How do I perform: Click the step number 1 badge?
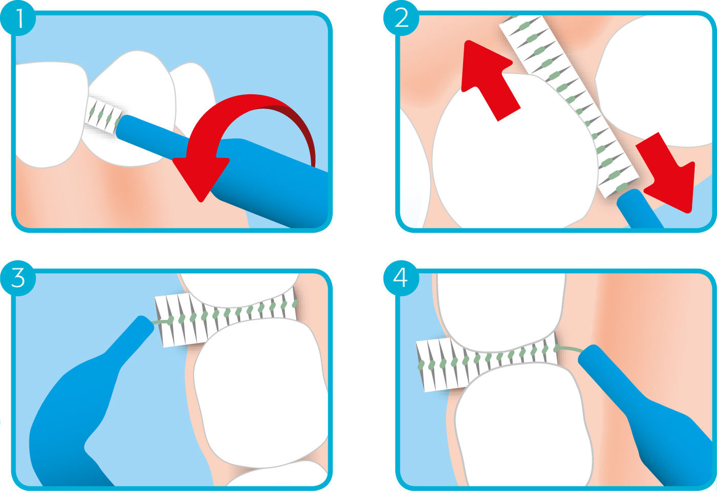point(18,18)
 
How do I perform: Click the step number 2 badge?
point(401,18)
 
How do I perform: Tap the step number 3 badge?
point(18,278)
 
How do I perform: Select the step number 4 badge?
point(401,278)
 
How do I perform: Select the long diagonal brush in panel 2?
point(568,106)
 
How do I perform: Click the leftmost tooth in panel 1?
point(51,114)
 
